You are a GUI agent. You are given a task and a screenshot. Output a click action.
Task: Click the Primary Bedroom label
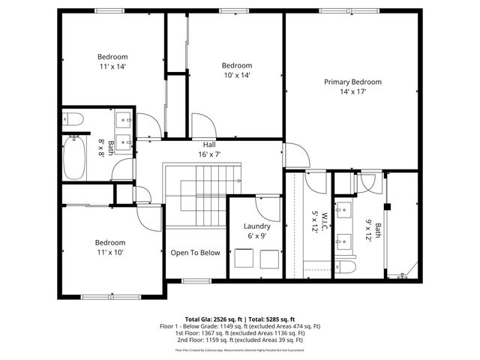click(x=352, y=82)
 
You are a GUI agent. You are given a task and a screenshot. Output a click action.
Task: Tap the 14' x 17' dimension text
click(x=352, y=92)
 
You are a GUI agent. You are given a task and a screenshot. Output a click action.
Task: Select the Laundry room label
click(x=257, y=226)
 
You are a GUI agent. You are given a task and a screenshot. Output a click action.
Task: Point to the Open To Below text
click(x=195, y=253)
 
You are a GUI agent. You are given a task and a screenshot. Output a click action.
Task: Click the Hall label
click(x=209, y=144)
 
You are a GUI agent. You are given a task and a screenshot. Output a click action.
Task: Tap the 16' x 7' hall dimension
click(x=209, y=154)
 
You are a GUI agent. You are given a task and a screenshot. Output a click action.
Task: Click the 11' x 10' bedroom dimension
click(x=109, y=253)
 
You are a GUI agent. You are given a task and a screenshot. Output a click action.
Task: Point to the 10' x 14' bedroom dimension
click(x=236, y=75)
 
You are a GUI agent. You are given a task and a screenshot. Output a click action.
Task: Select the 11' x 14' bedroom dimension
click(x=112, y=67)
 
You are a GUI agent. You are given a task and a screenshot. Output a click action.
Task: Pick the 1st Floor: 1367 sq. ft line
click(x=240, y=333)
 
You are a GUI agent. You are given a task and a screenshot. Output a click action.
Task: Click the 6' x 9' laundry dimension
click(x=257, y=236)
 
